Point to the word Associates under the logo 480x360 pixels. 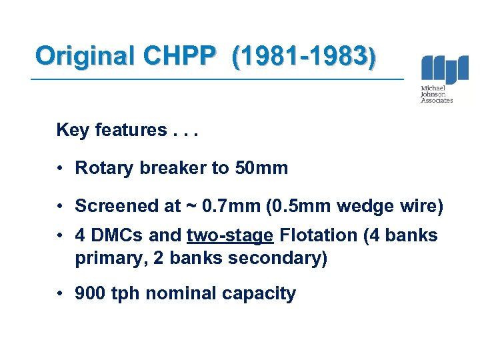click(x=437, y=101)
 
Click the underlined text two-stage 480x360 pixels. click(x=230, y=236)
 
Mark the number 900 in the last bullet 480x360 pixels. click(x=90, y=293)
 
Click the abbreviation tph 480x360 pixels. click(x=126, y=294)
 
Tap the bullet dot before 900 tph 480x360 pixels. click(x=61, y=294)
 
